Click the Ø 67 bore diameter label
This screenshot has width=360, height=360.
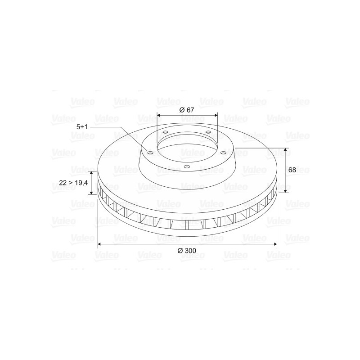coord(187,110)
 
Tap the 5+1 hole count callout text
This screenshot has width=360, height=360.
coord(82,127)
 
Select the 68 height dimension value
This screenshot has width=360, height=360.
coord(292,170)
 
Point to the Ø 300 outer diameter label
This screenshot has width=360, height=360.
coord(187,251)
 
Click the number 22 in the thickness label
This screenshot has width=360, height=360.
coord(63,183)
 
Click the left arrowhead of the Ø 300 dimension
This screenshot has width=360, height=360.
coord(99,244)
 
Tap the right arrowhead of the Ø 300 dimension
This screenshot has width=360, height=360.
coord(275,244)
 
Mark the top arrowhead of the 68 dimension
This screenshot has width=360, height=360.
coord(285,150)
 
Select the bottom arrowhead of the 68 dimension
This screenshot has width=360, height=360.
coord(285,190)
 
